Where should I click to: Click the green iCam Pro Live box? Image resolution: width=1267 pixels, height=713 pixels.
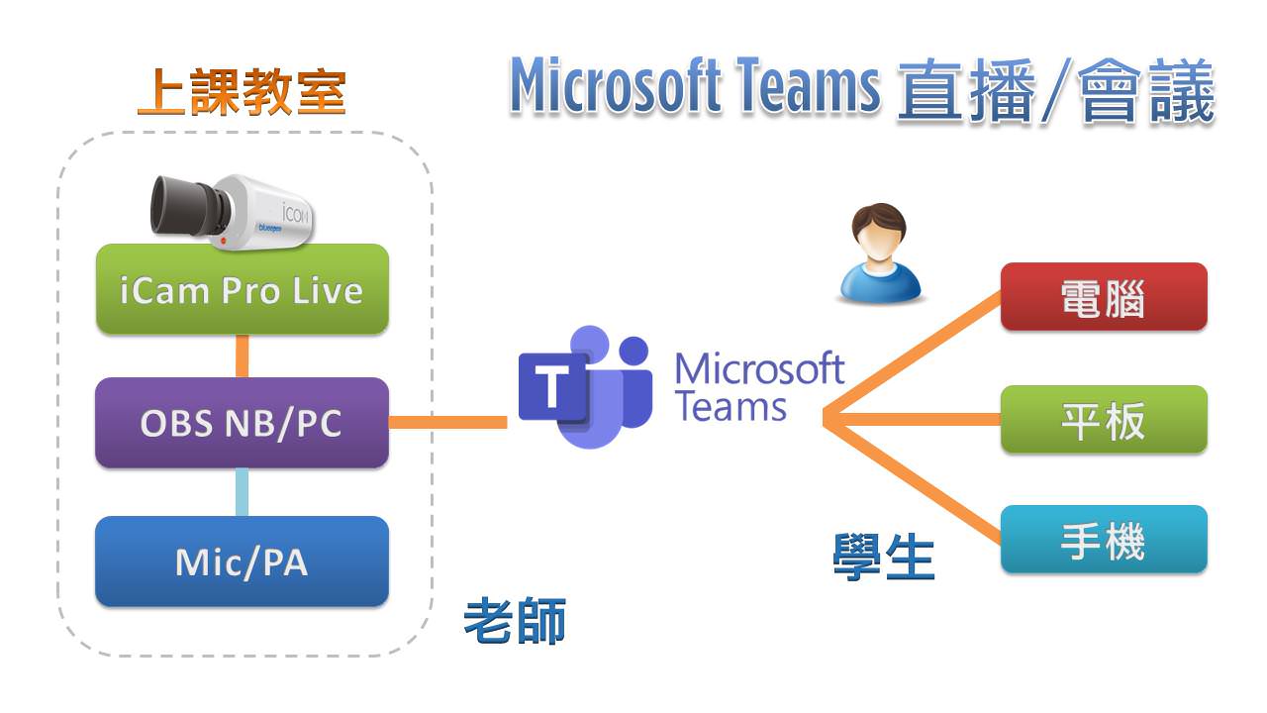click(x=242, y=290)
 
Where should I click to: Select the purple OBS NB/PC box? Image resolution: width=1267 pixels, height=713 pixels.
click(x=242, y=423)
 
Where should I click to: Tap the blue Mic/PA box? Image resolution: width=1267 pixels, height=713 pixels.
click(x=242, y=561)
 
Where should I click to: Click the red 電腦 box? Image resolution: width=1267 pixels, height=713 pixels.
click(x=1103, y=297)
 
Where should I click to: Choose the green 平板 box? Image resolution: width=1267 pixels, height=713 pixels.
click(x=1103, y=420)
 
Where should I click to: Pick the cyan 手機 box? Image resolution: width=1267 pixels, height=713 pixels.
click(x=1103, y=540)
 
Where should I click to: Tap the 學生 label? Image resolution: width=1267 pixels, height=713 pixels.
click(x=884, y=557)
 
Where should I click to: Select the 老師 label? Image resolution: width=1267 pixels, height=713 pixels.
click(x=515, y=622)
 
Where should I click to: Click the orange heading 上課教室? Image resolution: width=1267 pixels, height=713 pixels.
click(x=242, y=92)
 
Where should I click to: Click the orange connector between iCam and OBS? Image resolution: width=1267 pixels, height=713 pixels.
click(x=242, y=356)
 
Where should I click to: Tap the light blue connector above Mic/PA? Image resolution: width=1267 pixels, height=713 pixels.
click(x=242, y=492)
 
